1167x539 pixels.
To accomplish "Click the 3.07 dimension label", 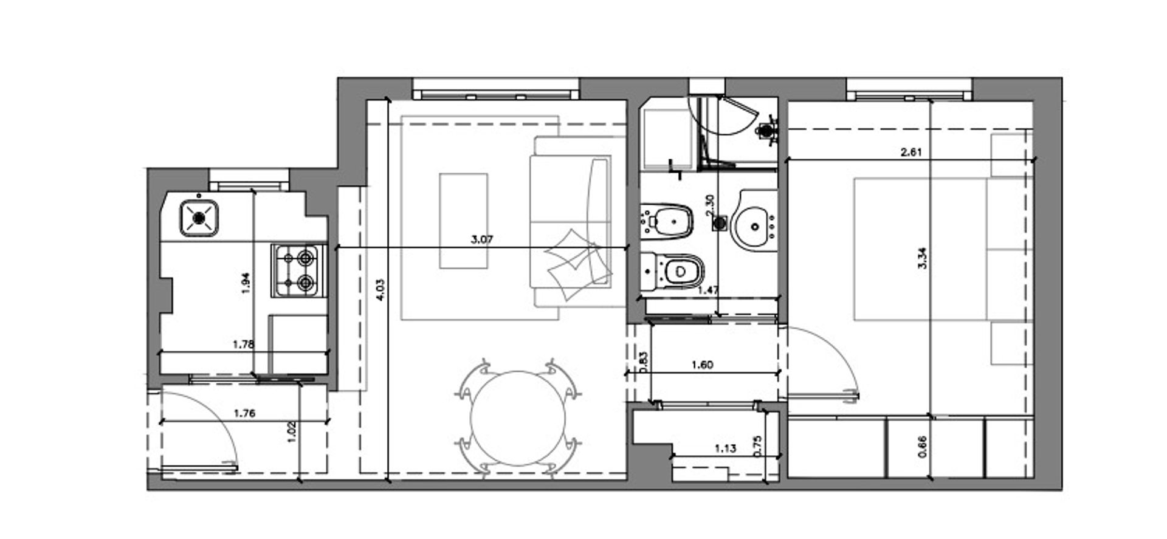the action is pos(482,239).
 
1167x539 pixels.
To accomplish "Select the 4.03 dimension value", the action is pos(380,290).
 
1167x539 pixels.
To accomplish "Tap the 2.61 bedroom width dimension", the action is pos(911,153).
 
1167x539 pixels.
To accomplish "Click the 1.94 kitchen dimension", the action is pos(246,283).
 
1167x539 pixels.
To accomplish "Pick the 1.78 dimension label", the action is pos(243,345).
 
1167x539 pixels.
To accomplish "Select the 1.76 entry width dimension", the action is pos(244,414).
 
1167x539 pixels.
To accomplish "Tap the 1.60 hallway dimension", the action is pos(702,365).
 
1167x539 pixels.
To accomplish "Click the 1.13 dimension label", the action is pos(725,449).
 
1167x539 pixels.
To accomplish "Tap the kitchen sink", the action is pos(199,217).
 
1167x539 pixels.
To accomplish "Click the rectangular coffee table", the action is pos(464,221).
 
